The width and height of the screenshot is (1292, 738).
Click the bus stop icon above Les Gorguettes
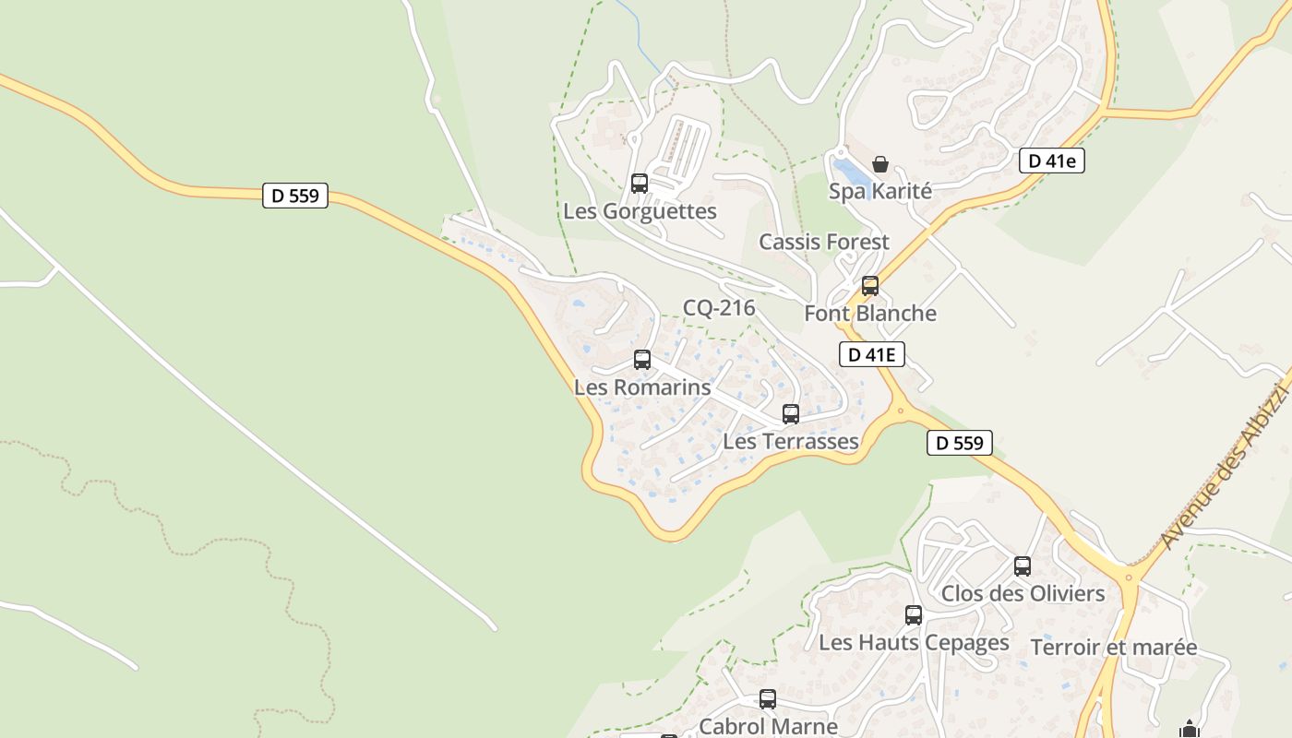[640, 183]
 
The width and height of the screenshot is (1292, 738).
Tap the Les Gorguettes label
[640, 211]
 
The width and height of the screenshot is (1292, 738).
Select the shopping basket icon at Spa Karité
[880, 164]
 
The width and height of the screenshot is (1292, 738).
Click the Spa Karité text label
[879, 192]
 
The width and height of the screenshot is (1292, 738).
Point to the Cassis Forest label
[823, 242]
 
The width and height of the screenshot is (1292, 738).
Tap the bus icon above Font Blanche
[869, 286]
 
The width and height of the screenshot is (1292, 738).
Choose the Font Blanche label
[869, 314]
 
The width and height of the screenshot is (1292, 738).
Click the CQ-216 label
[719, 308]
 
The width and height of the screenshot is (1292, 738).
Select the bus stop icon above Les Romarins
[642, 360]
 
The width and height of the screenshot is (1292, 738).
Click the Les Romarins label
[642, 387]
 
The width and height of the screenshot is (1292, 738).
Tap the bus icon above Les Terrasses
[791, 414]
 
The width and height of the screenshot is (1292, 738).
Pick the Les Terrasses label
[791, 442]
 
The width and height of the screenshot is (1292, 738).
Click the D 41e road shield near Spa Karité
[1051, 161]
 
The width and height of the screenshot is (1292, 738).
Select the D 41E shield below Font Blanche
[871, 354]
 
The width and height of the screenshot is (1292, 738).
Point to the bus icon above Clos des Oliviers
[1023, 566]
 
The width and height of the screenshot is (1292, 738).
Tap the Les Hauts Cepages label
[914, 642]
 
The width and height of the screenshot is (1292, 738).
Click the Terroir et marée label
[1113, 648]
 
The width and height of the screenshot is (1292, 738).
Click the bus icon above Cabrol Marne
[768, 699]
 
